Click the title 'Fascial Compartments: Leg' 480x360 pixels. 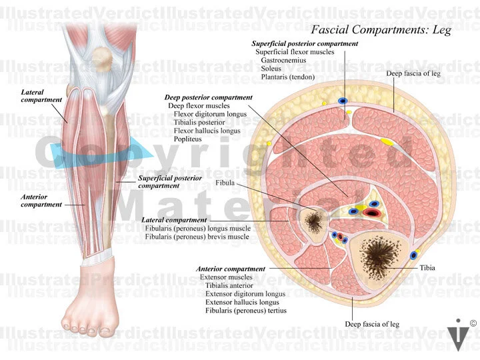tap(381, 30)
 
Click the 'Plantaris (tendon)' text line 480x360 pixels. tap(288, 77)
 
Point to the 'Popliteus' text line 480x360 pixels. tap(188, 140)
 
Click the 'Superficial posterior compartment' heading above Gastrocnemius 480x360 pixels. tap(305, 43)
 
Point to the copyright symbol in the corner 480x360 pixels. tap(473, 323)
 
